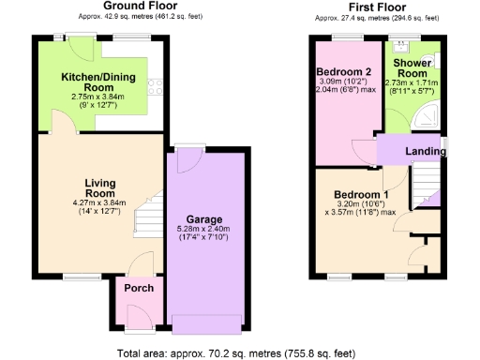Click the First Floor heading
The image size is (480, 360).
pyautogui.click(x=377, y=7)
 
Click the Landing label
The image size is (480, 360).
pyautogui.click(x=424, y=151)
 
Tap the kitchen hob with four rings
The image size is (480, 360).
pyautogui.click(x=153, y=89)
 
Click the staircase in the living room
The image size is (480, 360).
pyautogui.click(x=148, y=219)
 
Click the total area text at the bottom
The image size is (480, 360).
pyautogui.click(x=238, y=352)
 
